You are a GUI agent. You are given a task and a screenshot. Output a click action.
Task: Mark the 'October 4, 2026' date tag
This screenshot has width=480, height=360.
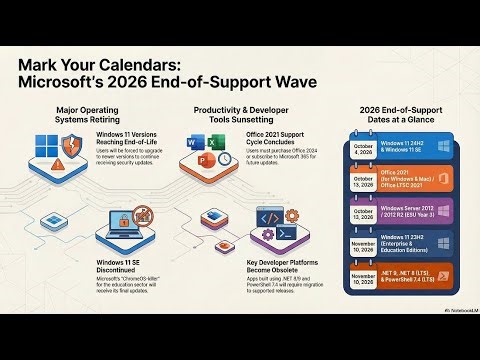(x=362, y=150)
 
